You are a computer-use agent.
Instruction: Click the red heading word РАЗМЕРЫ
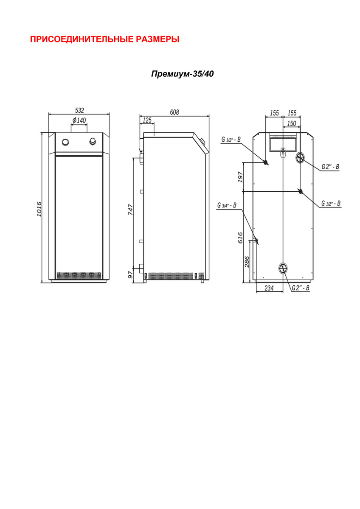[x=157, y=39]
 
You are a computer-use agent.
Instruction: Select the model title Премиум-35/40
[x=183, y=74]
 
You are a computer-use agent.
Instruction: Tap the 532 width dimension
[x=79, y=110]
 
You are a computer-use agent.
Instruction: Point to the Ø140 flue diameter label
[x=79, y=120]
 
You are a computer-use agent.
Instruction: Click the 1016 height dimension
[x=39, y=209]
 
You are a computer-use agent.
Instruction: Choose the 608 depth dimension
[x=174, y=112]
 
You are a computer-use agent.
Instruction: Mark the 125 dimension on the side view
[x=147, y=120]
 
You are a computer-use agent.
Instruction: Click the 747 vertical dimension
[x=130, y=210]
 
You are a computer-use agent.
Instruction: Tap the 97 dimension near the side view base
[x=130, y=275]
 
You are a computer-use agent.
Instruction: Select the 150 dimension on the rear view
[x=292, y=123]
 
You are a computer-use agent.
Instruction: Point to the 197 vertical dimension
[x=240, y=177]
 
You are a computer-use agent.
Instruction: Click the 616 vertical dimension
[x=240, y=238]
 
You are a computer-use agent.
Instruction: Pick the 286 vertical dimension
[x=247, y=262]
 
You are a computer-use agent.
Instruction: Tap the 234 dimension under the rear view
[x=269, y=288]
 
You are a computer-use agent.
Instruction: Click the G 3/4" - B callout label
[x=227, y=205]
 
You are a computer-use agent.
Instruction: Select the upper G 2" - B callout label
[x=330, y=167]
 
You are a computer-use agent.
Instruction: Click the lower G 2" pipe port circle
[x=284, y=268]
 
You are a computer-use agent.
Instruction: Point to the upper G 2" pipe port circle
[x=300, y=157]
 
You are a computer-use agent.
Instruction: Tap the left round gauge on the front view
[x=65, y=142]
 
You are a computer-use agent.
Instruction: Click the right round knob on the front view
[x=93, y=141]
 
